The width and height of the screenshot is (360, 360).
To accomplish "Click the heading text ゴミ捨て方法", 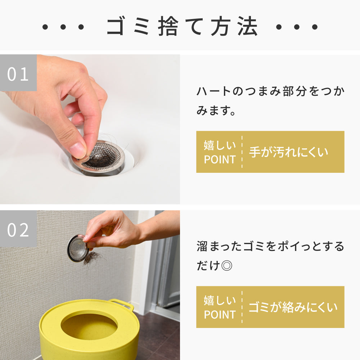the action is tap(182, 26).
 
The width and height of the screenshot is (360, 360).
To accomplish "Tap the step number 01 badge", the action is tap(18, 73).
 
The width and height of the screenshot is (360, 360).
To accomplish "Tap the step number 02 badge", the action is tap(18, 229).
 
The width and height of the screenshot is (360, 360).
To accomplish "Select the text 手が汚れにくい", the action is tap(289, 152).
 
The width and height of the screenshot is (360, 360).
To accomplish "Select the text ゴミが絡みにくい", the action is tap(293, 307).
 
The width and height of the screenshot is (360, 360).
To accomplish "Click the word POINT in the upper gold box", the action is tap(220, 159).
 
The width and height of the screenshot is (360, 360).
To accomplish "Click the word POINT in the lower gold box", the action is tap(220, 315).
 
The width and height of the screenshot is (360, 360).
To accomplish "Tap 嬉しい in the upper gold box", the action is tap(220, 145).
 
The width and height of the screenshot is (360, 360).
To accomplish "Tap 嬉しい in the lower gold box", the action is tap(220, 300).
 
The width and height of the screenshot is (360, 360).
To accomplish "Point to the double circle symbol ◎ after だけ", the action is tap(227, 266).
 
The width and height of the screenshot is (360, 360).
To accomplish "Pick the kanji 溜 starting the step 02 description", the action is tap(202, 246).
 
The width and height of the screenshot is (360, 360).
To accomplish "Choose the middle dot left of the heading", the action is tap(63, 27).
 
